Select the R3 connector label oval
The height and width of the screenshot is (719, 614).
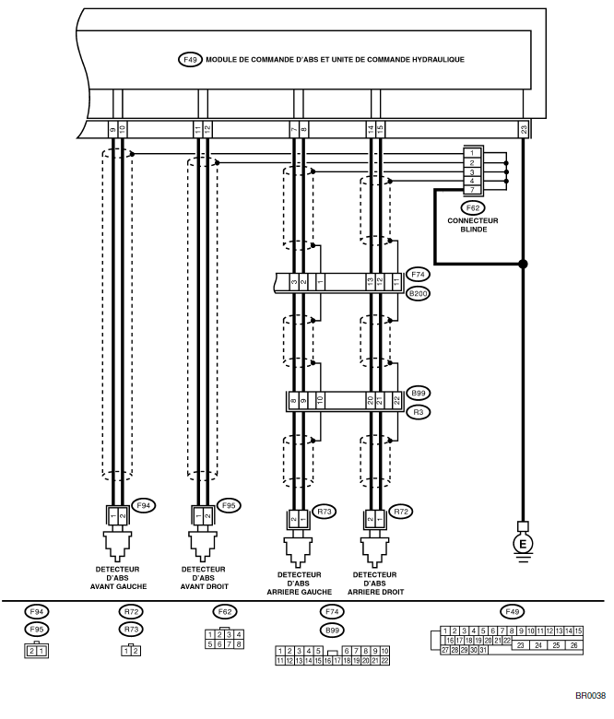pos(418,413)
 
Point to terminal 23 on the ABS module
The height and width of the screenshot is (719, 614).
pos(524,129)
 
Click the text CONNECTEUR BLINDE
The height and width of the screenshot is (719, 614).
pos(472,224)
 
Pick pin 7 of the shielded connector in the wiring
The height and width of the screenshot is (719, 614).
pos(471,190)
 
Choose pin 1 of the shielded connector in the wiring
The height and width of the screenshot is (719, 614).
pos(471,153)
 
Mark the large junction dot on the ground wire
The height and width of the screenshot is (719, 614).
pos(524,265)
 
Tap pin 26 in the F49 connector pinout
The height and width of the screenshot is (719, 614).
pos(574,645)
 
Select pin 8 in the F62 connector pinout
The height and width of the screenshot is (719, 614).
pos(240,644)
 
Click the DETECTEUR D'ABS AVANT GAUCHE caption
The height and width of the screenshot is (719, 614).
pos(113,578)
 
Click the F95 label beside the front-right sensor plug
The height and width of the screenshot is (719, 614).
pos(230,505)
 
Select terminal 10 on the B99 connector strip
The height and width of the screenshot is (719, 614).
pos(319,401)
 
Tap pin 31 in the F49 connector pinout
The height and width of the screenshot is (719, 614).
pos(483,650)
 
